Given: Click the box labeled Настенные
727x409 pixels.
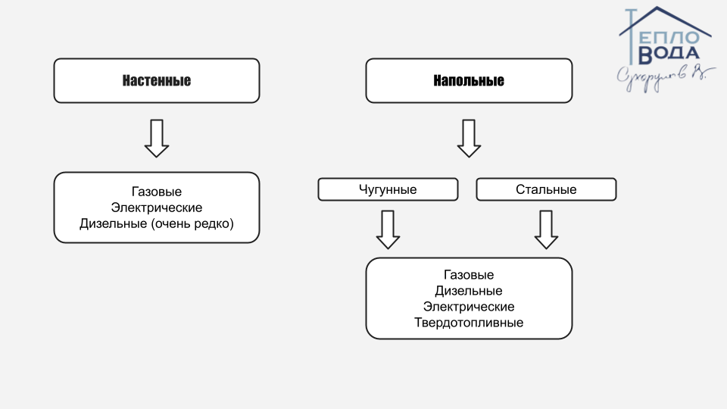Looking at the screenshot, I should (x=156, y=81).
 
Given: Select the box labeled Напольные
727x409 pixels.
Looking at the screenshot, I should (x=469, y=81).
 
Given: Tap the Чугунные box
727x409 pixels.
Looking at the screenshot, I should (x=388, y=189).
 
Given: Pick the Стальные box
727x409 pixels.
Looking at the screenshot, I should (x=546, y=189).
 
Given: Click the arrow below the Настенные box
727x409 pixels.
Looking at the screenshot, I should (x=157, y=138).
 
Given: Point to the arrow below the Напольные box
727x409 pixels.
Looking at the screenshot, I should (x=469, y=138).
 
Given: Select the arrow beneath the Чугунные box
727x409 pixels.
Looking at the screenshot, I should (x=388, y=229).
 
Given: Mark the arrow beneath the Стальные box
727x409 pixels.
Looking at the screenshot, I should (x=546, y=229).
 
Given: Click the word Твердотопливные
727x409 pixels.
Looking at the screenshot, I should (x=469, y=323).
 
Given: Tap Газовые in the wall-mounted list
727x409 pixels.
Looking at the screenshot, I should (x=157, y=192).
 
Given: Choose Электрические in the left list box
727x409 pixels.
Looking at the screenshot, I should (x=157, y=208).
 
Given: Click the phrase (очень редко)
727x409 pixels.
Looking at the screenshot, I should (x=192, y=224).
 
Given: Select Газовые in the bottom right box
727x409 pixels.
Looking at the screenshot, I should (x=469, y=274).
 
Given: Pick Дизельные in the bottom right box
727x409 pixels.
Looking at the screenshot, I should (x=469, y=291).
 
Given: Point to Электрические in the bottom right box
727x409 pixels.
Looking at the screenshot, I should (x=469, y=307).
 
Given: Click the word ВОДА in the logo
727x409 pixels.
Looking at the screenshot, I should (x=669, y=54).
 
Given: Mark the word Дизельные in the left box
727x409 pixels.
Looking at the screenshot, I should (x=113, y=224).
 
